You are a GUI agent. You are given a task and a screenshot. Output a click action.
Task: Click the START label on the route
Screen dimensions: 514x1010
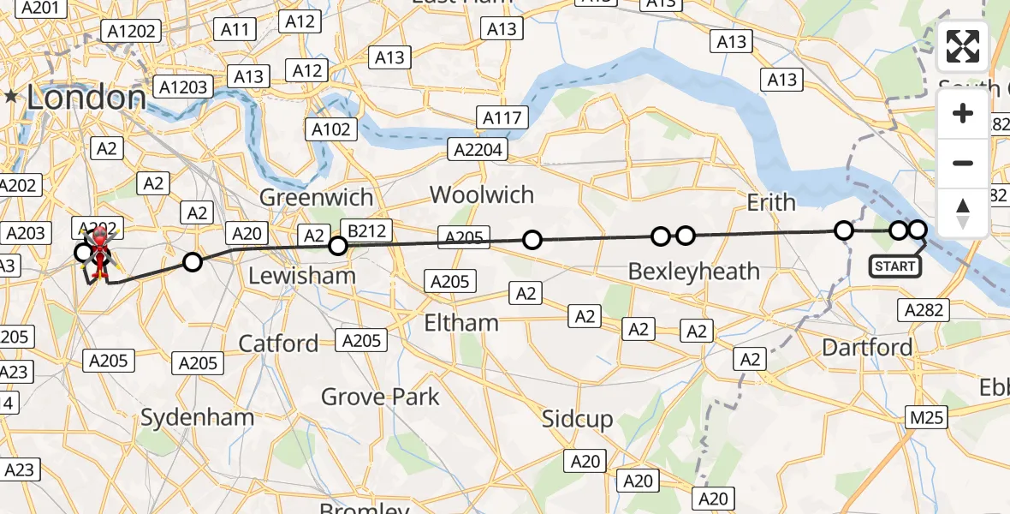pyautogui.click(x=896, y=266)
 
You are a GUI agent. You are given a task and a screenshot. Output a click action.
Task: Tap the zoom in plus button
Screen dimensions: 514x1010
pyautogui.click(x=963, y=113)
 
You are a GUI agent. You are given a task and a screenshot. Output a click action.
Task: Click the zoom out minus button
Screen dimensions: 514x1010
pyautogui.click(x=963, y=163)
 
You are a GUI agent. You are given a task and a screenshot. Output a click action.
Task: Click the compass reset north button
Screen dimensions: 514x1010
pyautogui.click(x=963, y=212)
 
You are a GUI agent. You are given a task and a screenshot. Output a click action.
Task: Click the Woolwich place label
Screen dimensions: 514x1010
pyautogui.click(x=482, y=194)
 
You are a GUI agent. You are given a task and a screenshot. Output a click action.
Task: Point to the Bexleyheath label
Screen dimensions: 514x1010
pyautogui.click(x=694, y=272)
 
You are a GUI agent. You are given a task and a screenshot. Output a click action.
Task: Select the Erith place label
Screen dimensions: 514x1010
pyautogui.click(x=771, y=202)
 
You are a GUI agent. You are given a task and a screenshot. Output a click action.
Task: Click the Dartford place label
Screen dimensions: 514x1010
pyautogui.click(x=866, y=347)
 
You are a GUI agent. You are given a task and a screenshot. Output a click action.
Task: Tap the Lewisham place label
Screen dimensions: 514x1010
pyautogui.click(x=301, y=276)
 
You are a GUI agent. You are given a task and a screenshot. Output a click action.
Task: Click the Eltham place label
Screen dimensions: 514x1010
pyautogui.click(x=462, y=322)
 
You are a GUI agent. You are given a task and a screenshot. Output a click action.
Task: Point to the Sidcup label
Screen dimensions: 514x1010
pyautogui.click(x=578, y=419)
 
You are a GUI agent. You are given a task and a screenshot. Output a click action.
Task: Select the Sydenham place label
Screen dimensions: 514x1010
pyautogui.click(x=197, y=418)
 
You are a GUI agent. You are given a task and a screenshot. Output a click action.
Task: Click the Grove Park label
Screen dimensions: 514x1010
pyautogui.click(x=380, y=397)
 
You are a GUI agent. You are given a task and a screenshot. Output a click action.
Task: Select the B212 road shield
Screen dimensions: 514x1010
pyautogui.click(x=366, y=230)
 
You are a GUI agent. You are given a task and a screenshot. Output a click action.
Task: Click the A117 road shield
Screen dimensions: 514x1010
pyautogui.click(x=502, y=117)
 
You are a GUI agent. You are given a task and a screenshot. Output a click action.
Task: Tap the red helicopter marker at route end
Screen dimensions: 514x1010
pyautogui.click(x=100, y=243)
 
